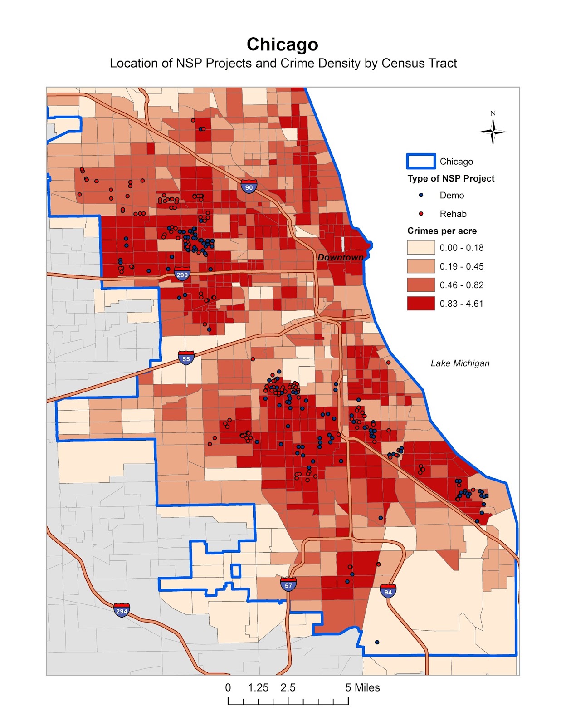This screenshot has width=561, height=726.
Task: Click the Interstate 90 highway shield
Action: [249, 186]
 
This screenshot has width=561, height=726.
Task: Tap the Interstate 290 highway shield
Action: [182, 274]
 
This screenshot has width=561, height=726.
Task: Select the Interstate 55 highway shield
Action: [186, 358]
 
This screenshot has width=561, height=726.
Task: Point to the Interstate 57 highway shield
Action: [288, 584]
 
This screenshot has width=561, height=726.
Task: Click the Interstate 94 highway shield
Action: [388, 591]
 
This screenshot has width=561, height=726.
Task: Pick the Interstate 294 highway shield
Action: [122, 610]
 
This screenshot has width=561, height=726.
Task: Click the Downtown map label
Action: [340, 257]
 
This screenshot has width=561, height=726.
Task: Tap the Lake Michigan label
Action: [460, 363]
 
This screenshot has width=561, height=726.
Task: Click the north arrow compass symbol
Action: [493, 132]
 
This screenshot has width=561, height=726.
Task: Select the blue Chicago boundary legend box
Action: [421, 162]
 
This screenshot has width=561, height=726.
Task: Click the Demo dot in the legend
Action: [421, 195]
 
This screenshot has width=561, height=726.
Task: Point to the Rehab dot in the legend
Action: [421, 214]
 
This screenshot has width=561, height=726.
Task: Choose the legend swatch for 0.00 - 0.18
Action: [421, 248]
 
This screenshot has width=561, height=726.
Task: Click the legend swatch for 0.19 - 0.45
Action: [421, 266]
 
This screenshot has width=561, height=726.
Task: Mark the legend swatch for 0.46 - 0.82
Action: [421, 285]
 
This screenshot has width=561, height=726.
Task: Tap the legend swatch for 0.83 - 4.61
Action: [421, 304]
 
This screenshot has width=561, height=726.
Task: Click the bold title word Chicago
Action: [282, 44]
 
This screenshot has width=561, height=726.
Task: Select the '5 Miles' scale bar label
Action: [362, 687]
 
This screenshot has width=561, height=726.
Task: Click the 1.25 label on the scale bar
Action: [258, 687]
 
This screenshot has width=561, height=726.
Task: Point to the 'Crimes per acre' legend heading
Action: [442, 231]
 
